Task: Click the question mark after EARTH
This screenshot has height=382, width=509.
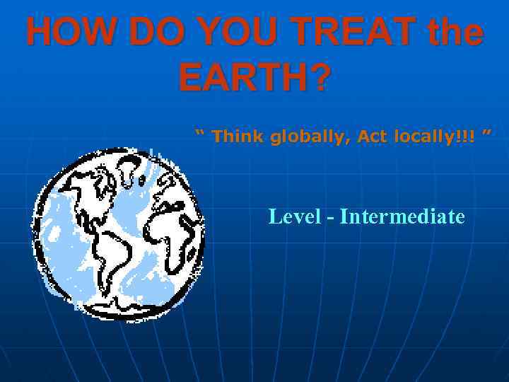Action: (x=319, y=78)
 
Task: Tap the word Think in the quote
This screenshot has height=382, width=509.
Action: (x=238, y=136)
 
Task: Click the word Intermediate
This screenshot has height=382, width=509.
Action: (x=402, y=216)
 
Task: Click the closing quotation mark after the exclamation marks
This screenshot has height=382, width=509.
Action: (x=486, y=133)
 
